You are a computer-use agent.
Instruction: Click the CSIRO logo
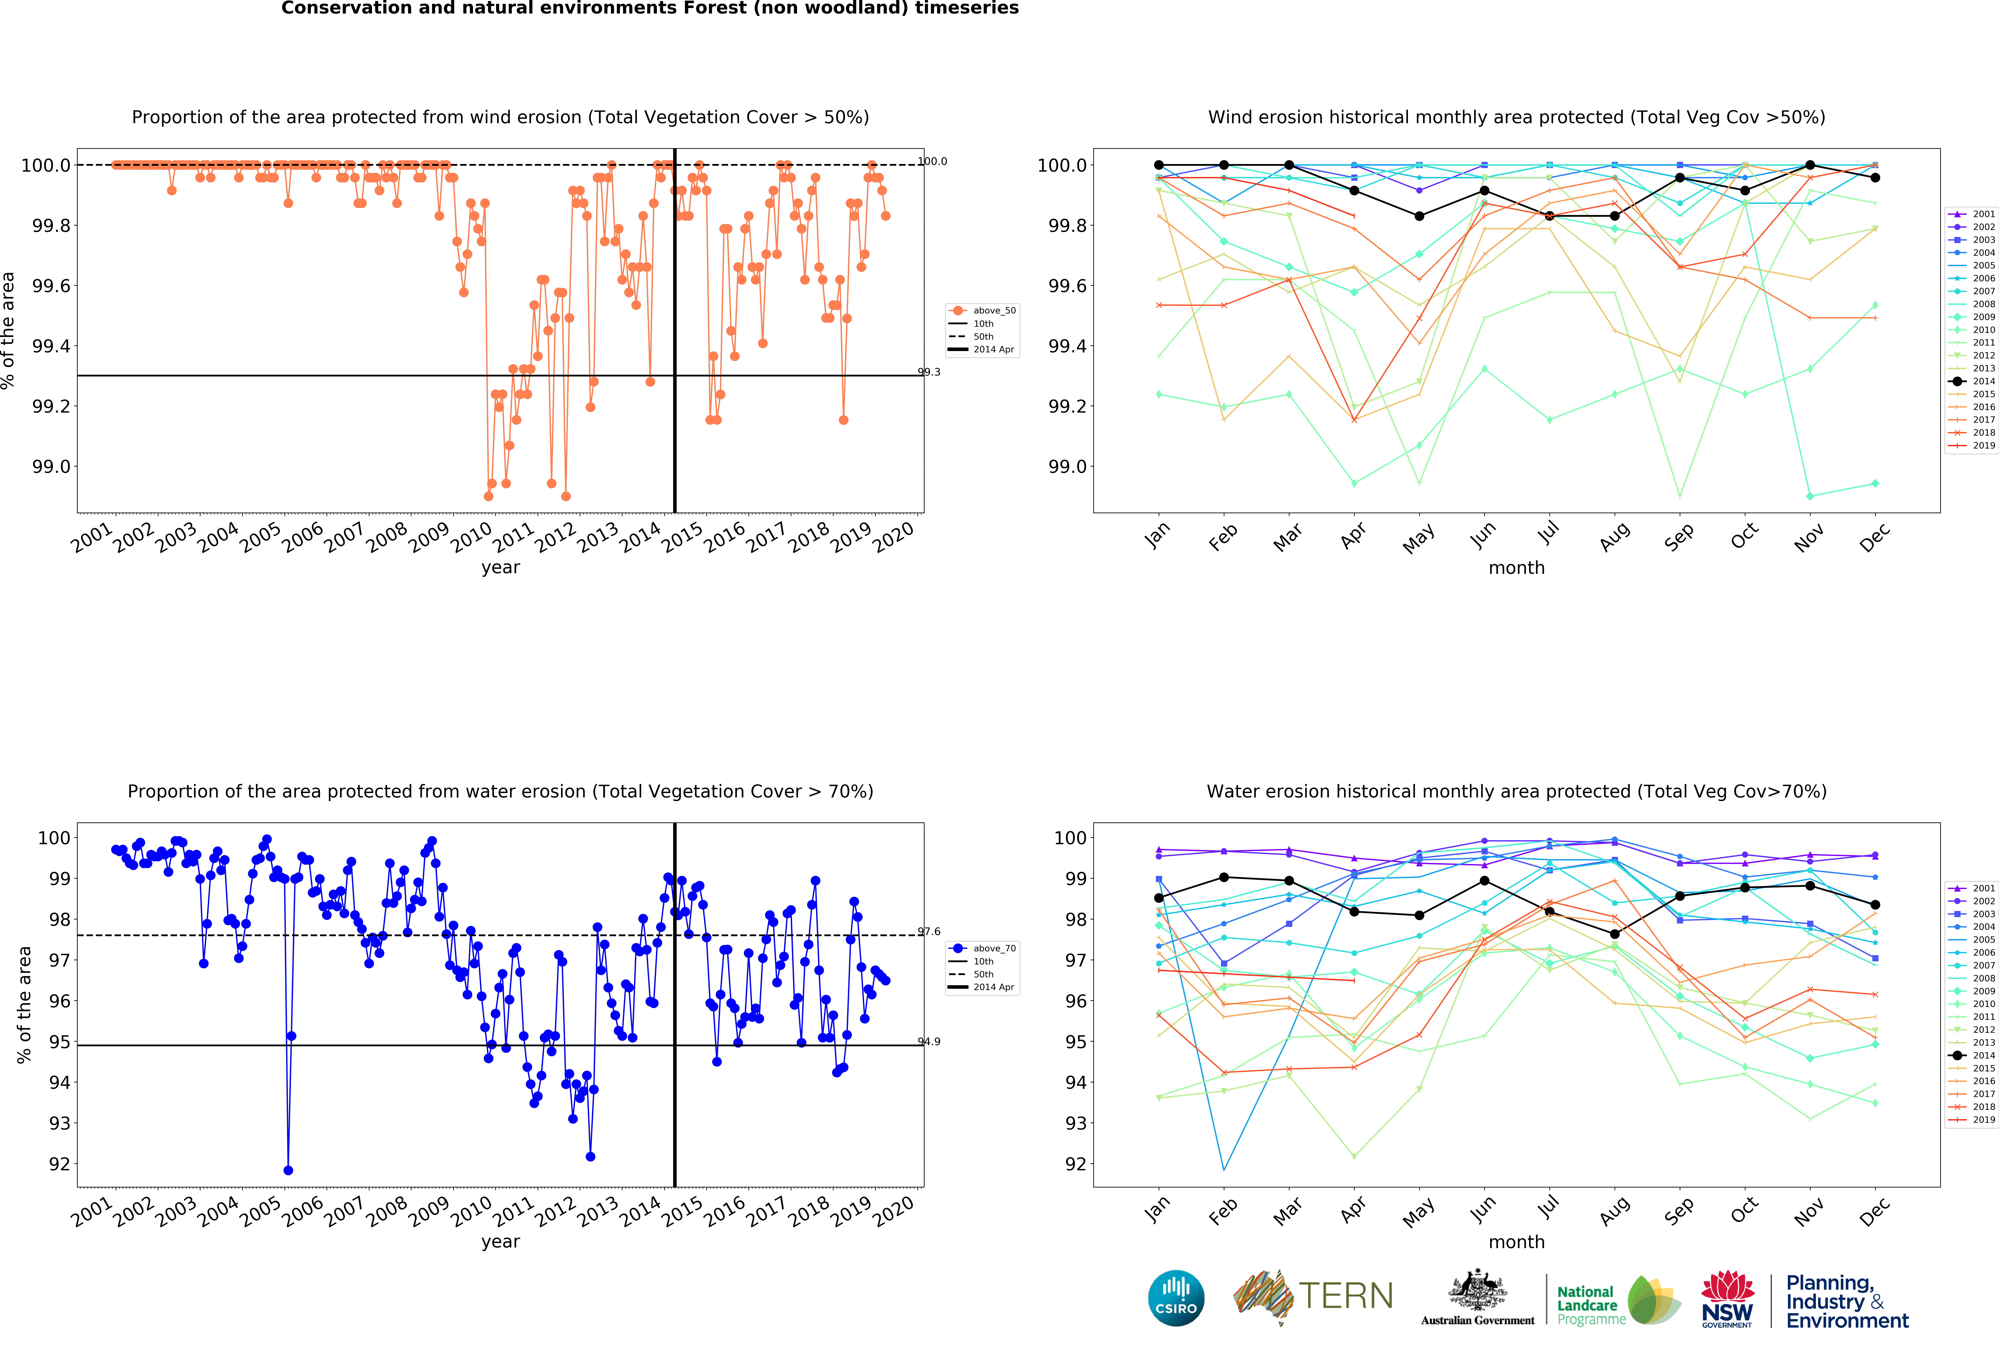[x=1176, y=1298]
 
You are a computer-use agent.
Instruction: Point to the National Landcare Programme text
[x=1590, y=1305]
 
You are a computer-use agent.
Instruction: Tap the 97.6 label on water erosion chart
[x=929, y=931]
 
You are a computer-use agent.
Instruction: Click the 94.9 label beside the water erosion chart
[x=929, y=1041]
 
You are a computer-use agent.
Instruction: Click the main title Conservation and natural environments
[x=649, y=9]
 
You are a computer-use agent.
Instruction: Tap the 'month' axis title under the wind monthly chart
[x=1516, y=568]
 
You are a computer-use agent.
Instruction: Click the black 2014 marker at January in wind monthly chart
[x=1159, y=165]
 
